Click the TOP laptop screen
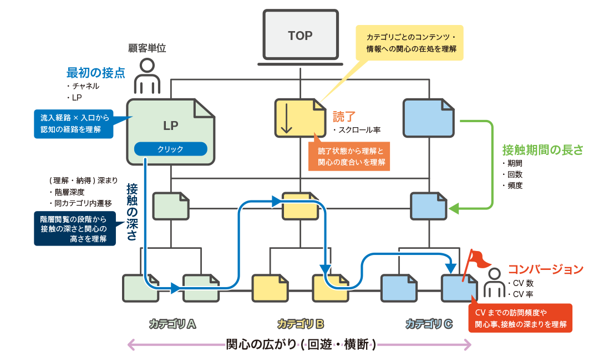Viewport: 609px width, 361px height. (x=300, y=36)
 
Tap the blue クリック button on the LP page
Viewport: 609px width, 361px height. (x=170, y=149)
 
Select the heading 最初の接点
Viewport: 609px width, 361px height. (x=95, y=73)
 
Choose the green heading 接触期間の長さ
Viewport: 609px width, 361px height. (x=542, y=150)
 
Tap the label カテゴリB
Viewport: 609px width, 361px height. (x=300, y=323)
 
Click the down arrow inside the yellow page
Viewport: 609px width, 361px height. (x=286, y=118)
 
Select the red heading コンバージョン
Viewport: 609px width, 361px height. (x=546, y=269)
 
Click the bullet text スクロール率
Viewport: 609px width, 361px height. (x=359, y=131)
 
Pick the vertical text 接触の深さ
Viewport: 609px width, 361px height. (x=132, y=212)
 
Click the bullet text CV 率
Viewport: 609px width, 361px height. (x=523, y=294)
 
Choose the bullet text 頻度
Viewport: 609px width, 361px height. (x=515, y=185)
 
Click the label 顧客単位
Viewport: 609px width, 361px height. (x=147, y=49)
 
